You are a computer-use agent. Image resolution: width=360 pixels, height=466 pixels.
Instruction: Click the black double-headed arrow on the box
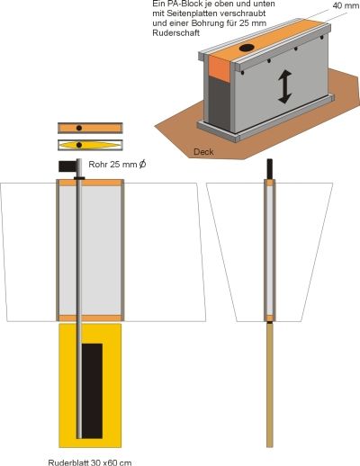click(284, 86)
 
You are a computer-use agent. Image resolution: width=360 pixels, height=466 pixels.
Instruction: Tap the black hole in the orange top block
click(247, 48)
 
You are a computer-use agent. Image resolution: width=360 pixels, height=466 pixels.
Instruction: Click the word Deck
click(203, 152)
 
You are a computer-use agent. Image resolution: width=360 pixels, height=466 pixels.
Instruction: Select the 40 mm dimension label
click(346, 5)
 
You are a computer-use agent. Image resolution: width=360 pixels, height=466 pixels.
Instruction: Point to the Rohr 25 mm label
click(117, 165)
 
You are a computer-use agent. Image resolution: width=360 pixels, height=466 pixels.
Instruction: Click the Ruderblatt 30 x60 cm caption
click(90, 462)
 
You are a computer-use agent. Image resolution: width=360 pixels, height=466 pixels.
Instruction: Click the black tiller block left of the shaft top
click(67, 166)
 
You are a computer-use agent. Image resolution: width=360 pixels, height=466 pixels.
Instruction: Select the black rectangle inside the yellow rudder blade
click(92, 391)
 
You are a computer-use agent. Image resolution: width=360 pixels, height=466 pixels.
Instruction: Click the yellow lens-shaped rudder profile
click(90, 145)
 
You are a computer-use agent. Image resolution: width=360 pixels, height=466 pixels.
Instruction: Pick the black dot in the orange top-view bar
click(79, 128)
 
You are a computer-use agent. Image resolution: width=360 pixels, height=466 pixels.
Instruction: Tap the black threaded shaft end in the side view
click(270, 168)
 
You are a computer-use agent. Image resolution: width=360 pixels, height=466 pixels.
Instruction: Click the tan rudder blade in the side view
click(270, 385)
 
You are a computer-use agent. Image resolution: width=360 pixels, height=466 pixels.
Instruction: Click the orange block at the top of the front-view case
click(90, 183)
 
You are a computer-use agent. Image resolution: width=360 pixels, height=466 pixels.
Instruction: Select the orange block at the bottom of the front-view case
click(90, 318)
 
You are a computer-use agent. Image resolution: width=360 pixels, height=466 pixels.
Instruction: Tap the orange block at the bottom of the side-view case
click(270, 318)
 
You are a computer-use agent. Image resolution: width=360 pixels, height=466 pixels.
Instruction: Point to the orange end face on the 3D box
click(220, 68)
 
